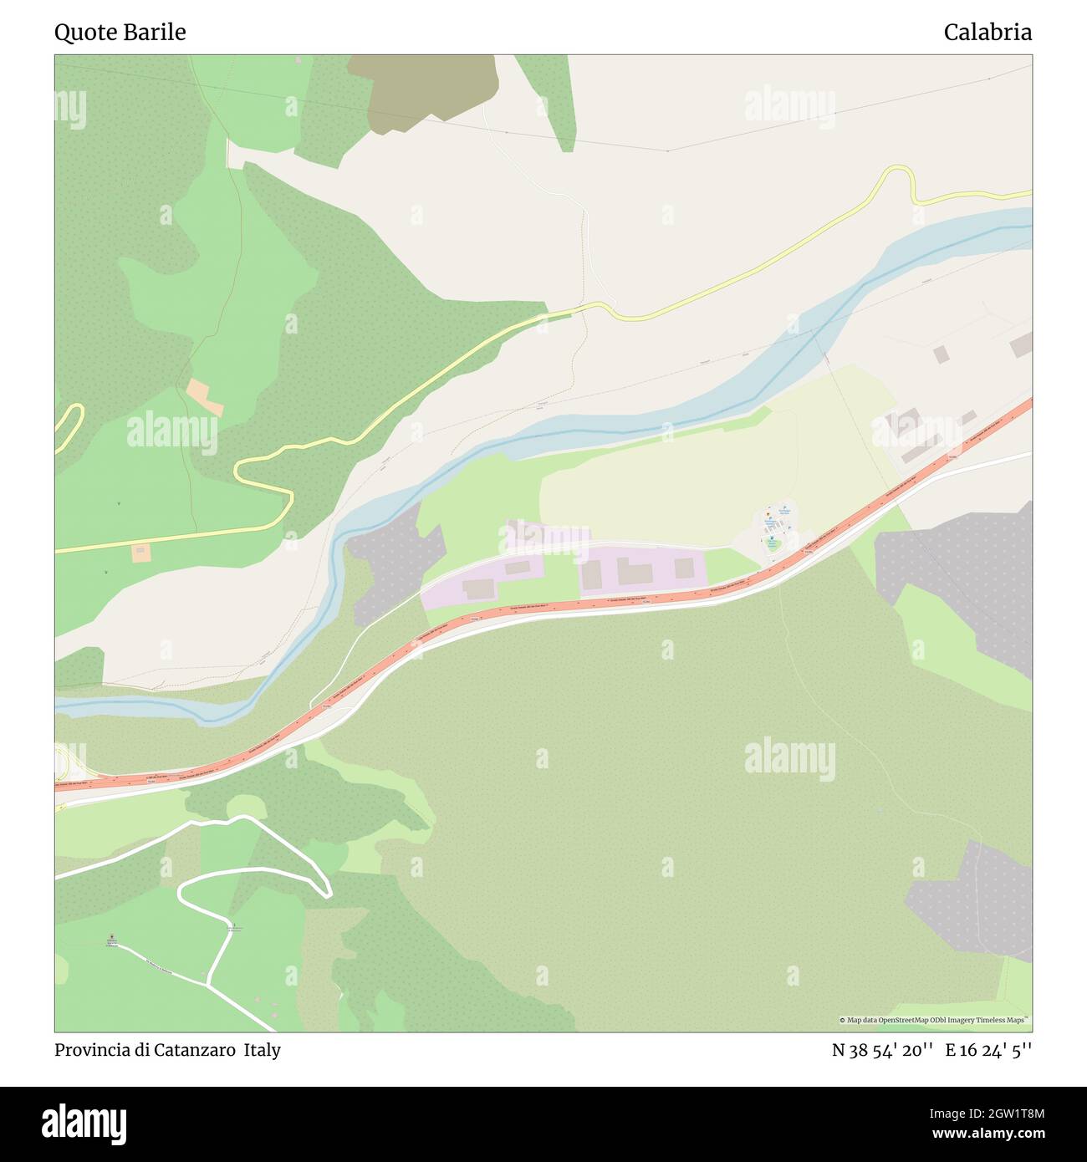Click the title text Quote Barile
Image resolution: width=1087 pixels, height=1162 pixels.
click(x=120, y=33)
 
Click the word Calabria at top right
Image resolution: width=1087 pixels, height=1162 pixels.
click(x=987, y=33)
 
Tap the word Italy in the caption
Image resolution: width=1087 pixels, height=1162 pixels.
click(x=263, y=1050)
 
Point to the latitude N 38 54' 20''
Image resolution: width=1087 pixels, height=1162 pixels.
click(x=882, y=1050)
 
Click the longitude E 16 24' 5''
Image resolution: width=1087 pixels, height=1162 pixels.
click(x=988, y=1050)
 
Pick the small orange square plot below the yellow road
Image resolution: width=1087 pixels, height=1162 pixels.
click(x=140, y=552)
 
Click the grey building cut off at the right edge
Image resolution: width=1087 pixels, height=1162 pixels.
click(x=1021, y=344)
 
